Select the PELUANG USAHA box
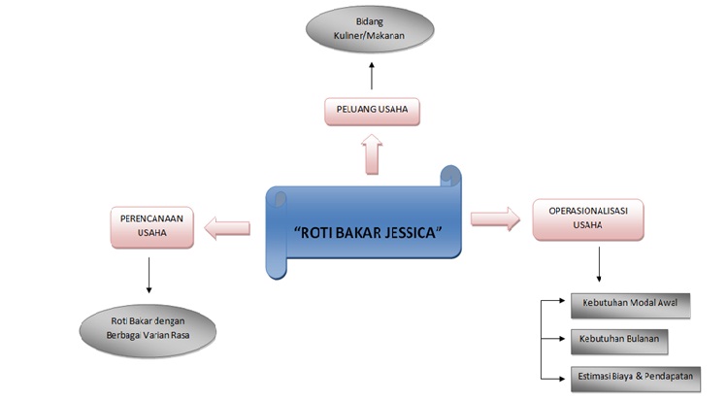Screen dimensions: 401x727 [373, 111]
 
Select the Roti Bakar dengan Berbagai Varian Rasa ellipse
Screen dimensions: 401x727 [148, 324]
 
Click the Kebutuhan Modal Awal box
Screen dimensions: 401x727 [630, 304]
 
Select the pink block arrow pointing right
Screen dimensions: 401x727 [495, 218]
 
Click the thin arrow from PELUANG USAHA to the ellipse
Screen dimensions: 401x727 [372, 76]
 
